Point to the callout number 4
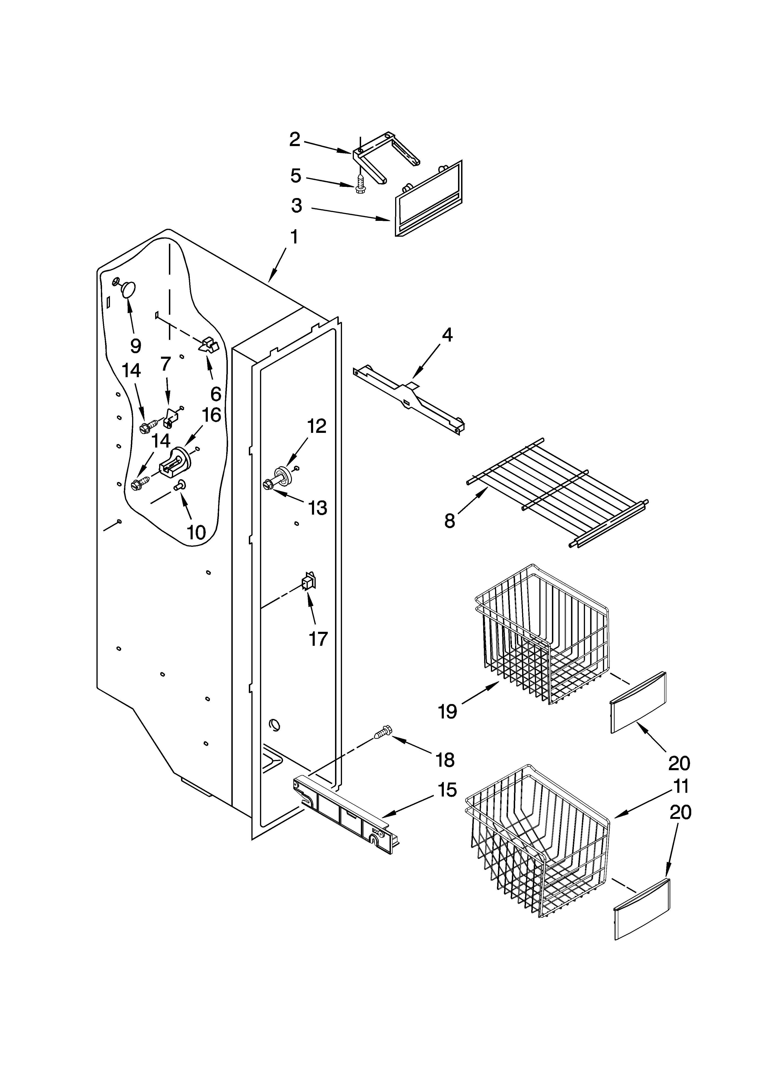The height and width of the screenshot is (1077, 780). [447, 335]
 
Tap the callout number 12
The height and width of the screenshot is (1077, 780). [316, 426]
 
